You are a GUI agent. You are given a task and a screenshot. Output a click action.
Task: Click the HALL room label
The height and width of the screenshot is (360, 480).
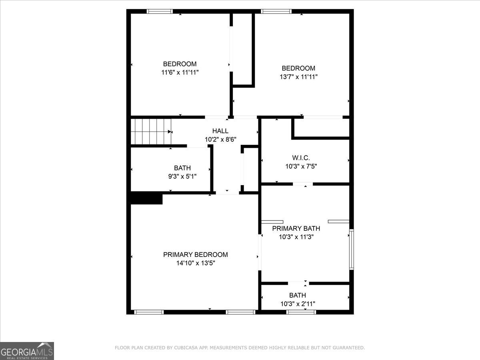tap(220, 131)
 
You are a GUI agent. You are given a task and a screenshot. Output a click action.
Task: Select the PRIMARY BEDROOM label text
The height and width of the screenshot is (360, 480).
tap(196, 254)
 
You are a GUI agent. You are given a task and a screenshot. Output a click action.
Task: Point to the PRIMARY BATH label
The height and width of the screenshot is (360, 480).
tap(296, 228)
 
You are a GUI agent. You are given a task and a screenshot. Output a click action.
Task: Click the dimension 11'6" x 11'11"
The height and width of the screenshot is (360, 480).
tap(180, 72)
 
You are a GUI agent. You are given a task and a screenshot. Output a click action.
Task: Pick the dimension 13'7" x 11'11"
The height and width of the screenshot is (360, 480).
tap(298, 77)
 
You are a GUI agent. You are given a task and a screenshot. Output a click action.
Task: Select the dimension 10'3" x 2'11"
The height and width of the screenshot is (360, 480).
tap(298, 304)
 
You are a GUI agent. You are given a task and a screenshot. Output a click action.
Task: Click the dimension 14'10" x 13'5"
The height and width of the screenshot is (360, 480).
tap(196, 263)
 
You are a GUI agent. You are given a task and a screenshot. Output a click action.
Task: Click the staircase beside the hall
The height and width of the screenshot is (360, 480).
tap(151, 131)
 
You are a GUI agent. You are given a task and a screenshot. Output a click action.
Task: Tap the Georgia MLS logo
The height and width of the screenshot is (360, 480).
tap(27, 351)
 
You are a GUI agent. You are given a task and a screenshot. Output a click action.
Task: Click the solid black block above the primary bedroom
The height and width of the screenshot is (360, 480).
tap(146, 198)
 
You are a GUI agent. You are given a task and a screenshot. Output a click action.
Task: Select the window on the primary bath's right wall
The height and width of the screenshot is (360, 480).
tap(351, 249)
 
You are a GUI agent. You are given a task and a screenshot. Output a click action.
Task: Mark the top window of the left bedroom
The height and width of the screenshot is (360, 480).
tap(160, 11)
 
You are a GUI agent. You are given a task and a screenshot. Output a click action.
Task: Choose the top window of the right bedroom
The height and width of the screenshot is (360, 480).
tap(276, 11)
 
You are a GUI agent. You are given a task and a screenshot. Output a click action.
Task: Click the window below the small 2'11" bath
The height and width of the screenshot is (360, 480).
tap(301, 312)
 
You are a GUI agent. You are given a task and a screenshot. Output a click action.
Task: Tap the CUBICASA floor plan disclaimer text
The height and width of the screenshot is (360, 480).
tap(240, 348)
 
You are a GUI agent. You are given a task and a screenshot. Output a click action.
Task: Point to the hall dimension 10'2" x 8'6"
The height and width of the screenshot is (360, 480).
tap(220, 140)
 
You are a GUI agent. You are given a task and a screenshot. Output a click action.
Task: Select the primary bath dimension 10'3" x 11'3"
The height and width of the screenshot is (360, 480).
tap(296, 237)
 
